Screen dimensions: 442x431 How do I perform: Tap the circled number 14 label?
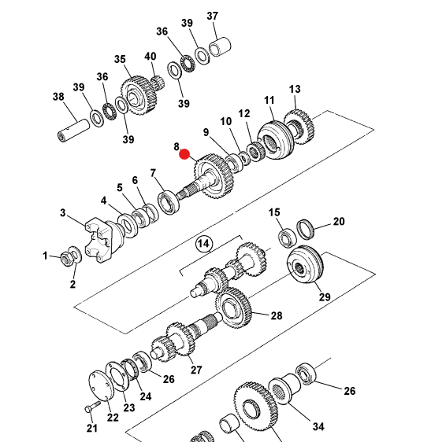pos(203,244)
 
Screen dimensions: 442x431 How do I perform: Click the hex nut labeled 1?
pos(65,257)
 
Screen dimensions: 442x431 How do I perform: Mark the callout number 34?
pos(318,427)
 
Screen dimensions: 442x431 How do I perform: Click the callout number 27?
pos(195,370)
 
